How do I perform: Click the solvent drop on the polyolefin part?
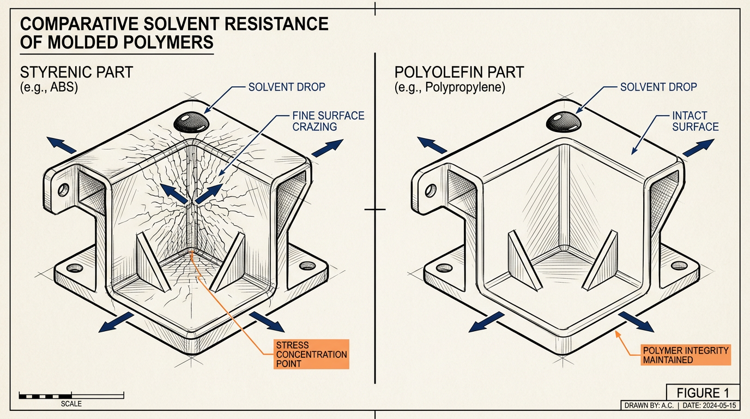pos(564,122)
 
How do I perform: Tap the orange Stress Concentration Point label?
pos(311,354)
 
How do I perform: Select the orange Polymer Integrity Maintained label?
pos(685,355)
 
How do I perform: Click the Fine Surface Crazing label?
pos(328,121)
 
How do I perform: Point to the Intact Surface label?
pos(695,121)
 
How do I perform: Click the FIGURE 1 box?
pos(703,392)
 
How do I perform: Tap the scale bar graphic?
pos(71,396)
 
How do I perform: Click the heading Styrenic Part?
pos(77,72)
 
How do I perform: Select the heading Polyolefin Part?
pos(459,72)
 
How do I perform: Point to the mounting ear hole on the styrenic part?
pos(63,190)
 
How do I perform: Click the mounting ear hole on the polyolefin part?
pos(431,191)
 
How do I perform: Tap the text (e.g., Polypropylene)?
pos(450,87)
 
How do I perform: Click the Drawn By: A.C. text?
pos(649,405)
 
